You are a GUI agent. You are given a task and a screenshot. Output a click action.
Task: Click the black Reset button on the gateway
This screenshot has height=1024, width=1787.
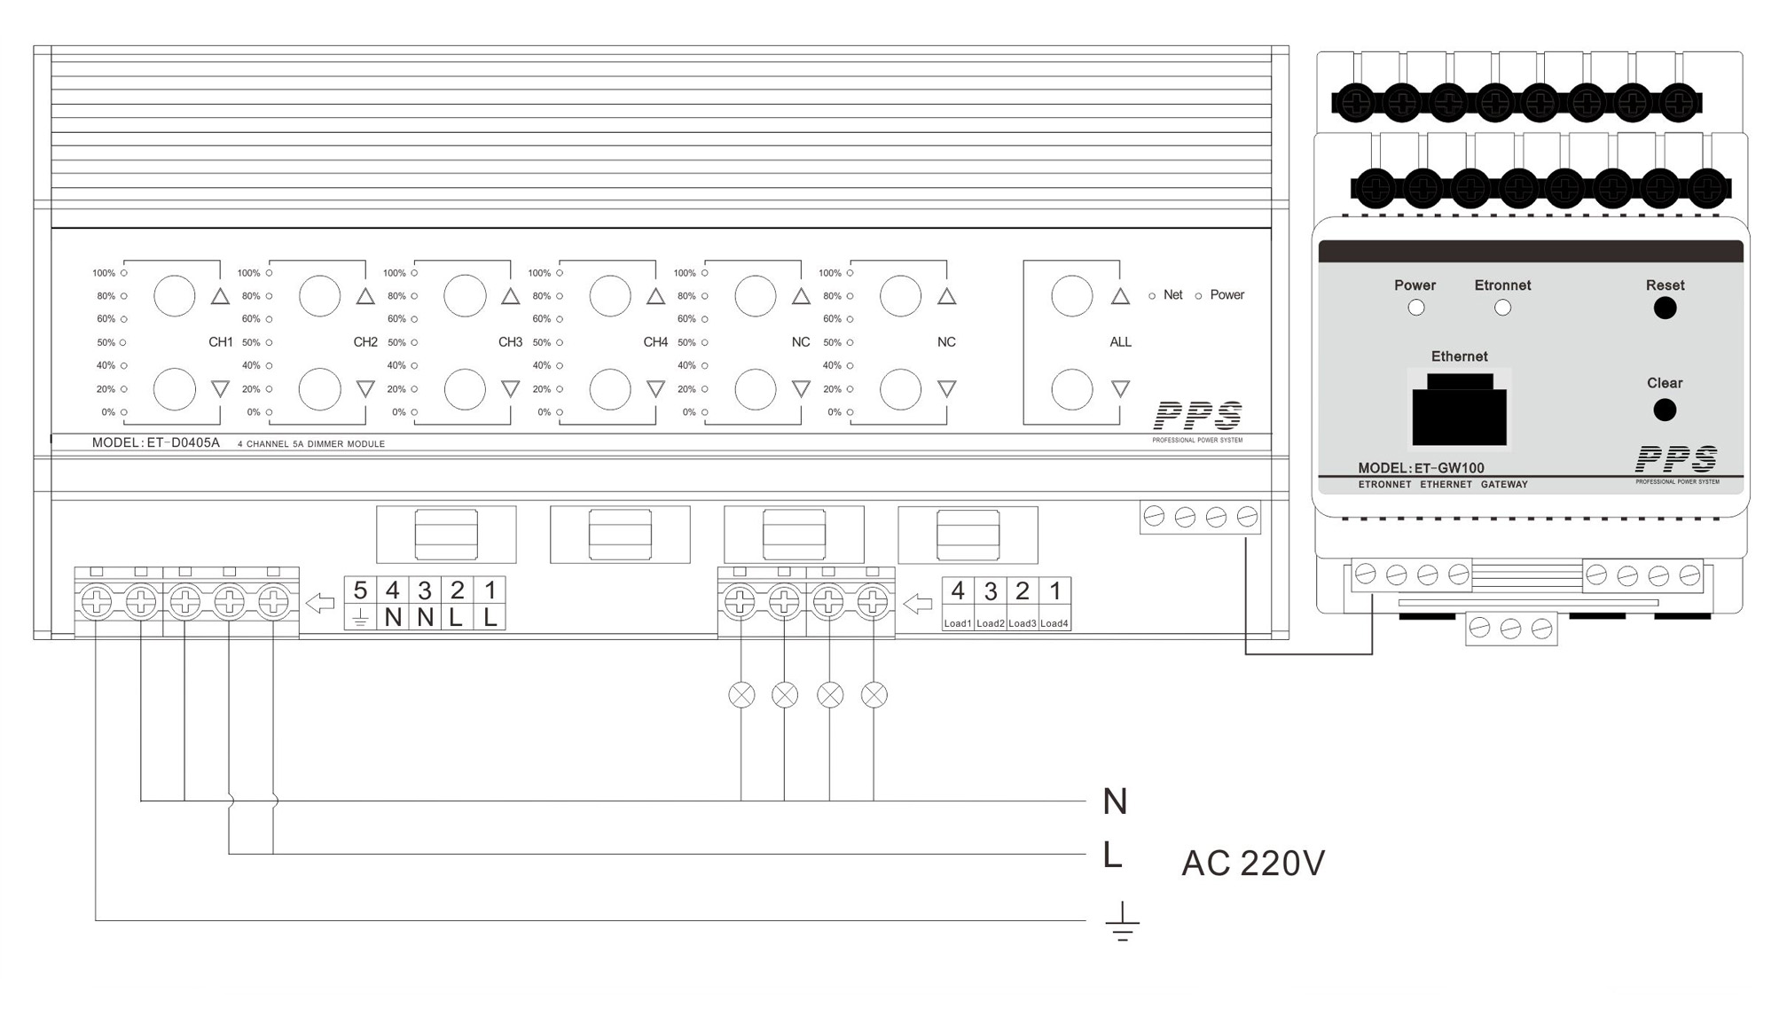[x=1665, y=308]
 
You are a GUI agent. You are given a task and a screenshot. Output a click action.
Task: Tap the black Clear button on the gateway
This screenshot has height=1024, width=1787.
[x=1665, y=410]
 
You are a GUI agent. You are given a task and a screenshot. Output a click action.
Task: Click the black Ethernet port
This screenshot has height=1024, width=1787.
[x=1459, y=409]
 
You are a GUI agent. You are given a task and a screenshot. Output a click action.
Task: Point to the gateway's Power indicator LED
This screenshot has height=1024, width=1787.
[x=1416, y=308]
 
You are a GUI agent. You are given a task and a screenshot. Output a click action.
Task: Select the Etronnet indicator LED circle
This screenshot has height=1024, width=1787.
[x=1502, y=308]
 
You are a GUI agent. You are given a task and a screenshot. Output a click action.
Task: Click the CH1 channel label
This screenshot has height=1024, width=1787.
[x=220, y=342]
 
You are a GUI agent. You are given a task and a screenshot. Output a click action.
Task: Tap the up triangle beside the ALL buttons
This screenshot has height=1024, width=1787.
[x=1120, y=296]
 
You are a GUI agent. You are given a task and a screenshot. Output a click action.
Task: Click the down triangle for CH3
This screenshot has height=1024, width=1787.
[x=510, y=388]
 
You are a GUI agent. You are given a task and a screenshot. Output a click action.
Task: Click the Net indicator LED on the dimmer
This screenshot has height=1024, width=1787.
[x=1152, y=296]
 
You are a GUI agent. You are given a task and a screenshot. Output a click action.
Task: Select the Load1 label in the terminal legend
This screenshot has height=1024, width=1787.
[x=958, y=623]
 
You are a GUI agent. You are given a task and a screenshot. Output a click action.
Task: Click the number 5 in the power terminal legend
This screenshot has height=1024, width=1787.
[x=360, y=590]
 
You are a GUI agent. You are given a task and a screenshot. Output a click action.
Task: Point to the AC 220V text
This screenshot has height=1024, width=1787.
[x=1253, y=863]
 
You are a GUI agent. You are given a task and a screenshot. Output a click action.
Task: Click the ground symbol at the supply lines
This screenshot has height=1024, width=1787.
[x=1122, y=921]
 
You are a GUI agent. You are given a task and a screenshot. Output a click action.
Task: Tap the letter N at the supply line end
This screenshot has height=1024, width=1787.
[x=1115, y=801]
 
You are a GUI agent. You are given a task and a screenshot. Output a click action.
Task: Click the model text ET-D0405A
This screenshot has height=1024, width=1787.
[x=184, y=442]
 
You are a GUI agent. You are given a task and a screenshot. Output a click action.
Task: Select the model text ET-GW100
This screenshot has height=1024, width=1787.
[x=1449, y=468]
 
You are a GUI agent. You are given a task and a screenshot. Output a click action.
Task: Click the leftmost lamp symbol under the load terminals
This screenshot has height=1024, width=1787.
[x=741, y=695]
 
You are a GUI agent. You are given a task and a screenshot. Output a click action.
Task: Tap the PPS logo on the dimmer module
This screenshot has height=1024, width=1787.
[x=1197, y=416]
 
